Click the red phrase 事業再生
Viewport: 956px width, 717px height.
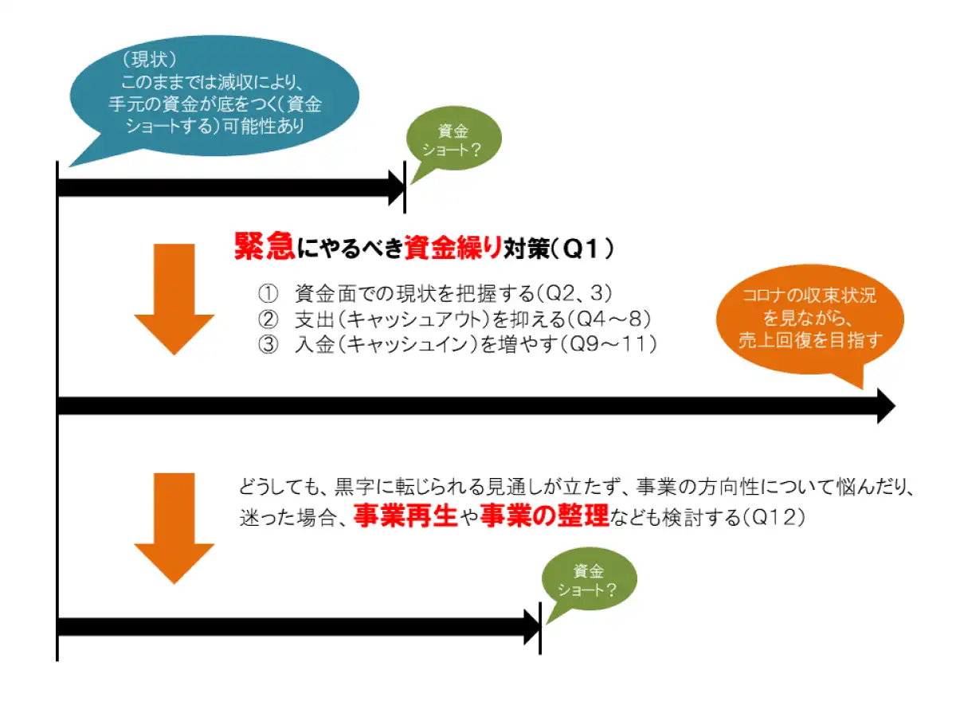click(x=406, y=516)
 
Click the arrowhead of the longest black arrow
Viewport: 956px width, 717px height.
click(x=884, y=406)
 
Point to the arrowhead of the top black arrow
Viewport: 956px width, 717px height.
click(x=396, y=188)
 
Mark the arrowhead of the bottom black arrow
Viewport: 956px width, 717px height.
click(x=531, y=627)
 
